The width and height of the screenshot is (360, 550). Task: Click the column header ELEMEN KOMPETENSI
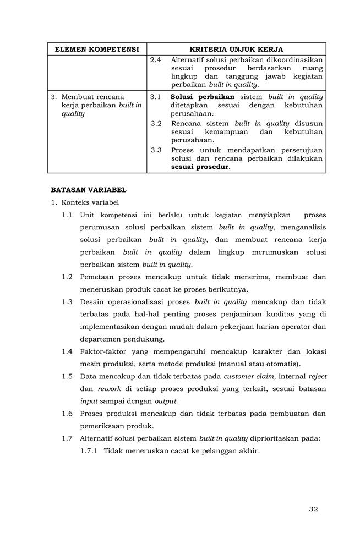coord(96,49)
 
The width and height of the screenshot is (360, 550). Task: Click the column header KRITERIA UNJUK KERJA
coord(236,49)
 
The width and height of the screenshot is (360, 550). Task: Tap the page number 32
coord(313,509)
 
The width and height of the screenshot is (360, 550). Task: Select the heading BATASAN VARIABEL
coord(89,190)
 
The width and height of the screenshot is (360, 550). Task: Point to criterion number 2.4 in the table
coord(156,59)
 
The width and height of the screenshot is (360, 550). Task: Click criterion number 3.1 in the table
coord(156,96)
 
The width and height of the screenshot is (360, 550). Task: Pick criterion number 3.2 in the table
coord(156,124)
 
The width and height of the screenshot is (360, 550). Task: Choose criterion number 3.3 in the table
coord(156,150)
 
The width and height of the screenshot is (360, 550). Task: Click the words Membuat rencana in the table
coord(92,96)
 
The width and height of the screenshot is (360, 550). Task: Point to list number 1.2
coord(67,277)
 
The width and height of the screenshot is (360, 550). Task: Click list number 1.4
coord(67,351)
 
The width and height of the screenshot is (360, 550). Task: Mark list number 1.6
coord(67,414)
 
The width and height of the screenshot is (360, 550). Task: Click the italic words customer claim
coord(246,376)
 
